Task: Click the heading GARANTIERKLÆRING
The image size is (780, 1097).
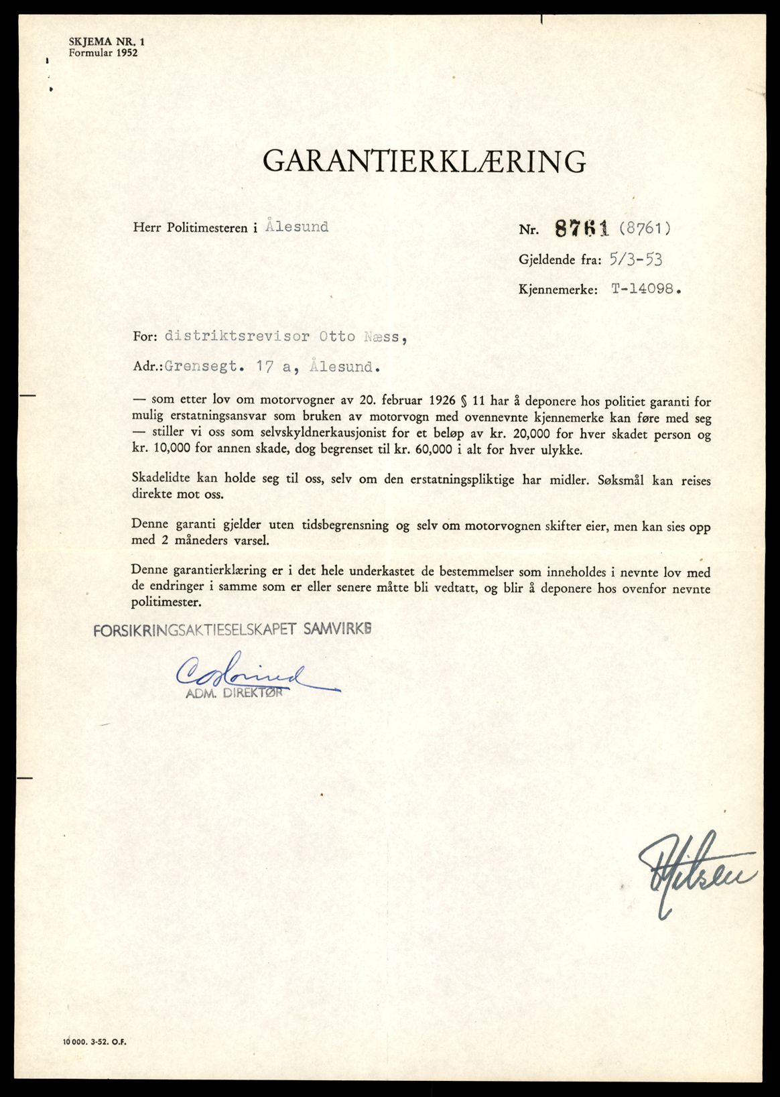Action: pyautogui.click(x=424, y=162)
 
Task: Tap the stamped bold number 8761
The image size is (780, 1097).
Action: pyautogui.click(x=581, y=229)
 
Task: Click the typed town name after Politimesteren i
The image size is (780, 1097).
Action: pyautogui.click(x=296, y=227)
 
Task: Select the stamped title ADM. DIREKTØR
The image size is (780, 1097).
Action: pyautogui.click(x=234, y=694)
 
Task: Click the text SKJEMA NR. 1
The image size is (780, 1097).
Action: pyautogui.click(x=107, y=42)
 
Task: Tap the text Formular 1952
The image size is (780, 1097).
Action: pyautogui.click(x=103, y=52)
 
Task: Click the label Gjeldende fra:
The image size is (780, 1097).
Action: pyautogui.click(x=560, y=260)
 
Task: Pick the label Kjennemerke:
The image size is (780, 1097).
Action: pyautogui.click(x=558, y=290)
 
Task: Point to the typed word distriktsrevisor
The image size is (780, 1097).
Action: pyautogui.click(x=237, y=336)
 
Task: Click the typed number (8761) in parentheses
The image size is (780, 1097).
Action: pyautogui.click(x=644, y=229)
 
